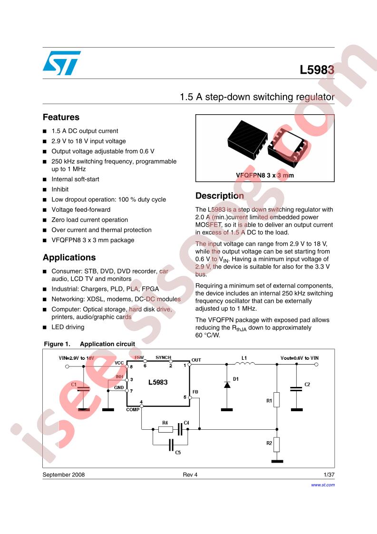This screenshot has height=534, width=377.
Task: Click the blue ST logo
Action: tap(62, 63)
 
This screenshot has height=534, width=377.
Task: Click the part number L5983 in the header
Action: tap(317, 70)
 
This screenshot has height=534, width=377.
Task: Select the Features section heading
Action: tap(61, 117)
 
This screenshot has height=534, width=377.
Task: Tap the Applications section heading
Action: tap(69, 257)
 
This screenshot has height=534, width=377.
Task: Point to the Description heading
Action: tap(220, 196)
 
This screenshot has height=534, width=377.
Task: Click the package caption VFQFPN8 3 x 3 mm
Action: tap(265, 176)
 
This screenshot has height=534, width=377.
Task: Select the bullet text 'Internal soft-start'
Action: tap(75, 179)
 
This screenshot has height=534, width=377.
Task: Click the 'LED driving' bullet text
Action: tap(68, 327)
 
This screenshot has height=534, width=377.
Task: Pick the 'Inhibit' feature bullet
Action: tap(60, 189)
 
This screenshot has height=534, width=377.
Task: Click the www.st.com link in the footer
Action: tap(322, 485)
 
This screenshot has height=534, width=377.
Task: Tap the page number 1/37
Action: tap(329, 475)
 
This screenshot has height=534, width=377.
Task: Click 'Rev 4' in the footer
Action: tap(190, 475)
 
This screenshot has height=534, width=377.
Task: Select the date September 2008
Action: tap(64, 475)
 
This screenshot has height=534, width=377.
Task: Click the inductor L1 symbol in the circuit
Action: tap(245, 364)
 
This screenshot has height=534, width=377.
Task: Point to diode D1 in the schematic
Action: tap(227, 385)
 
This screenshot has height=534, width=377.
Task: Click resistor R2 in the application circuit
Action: tap(277, 445)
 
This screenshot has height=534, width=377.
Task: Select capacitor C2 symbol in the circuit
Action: tap(296, 388)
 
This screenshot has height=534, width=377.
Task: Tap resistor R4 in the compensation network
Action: tap(166, 429)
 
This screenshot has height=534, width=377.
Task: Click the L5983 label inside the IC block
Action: tap(158, 383)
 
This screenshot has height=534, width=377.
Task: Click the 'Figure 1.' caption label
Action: tap(57, 344)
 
